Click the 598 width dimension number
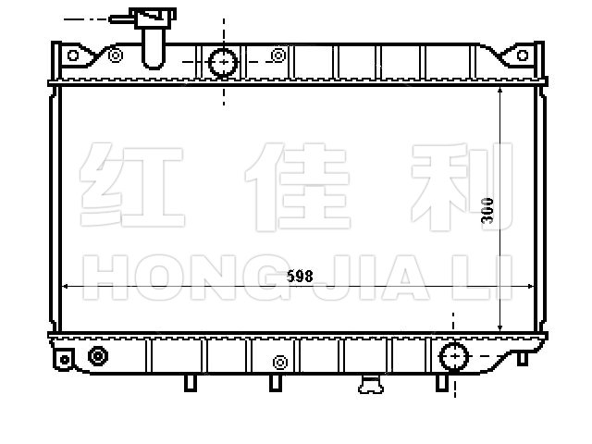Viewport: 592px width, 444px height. [300, 277]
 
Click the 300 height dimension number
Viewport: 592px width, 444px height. [487, 211]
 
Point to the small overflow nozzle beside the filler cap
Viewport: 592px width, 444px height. [121, 19]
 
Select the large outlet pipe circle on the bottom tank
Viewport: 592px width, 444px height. [454, 356]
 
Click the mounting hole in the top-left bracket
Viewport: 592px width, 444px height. [73, 55]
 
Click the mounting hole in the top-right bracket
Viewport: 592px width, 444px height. [523, 55]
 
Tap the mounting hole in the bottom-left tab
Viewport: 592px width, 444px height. [65, 360]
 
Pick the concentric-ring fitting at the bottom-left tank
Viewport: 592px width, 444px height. [98, 356]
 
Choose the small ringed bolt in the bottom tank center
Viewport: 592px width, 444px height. [280, 363]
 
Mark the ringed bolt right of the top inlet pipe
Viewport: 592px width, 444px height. [278, 55]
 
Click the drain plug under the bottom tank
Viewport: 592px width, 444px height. [371, 385]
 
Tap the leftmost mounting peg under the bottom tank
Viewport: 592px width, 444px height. [191, 383]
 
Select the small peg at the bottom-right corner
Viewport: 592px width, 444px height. [522, 359]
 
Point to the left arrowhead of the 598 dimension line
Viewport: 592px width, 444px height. [65, 287]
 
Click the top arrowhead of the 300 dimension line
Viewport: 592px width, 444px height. [500, 91]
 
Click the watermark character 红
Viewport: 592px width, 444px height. [131, 185]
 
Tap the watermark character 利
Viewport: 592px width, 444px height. [462, 187]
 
